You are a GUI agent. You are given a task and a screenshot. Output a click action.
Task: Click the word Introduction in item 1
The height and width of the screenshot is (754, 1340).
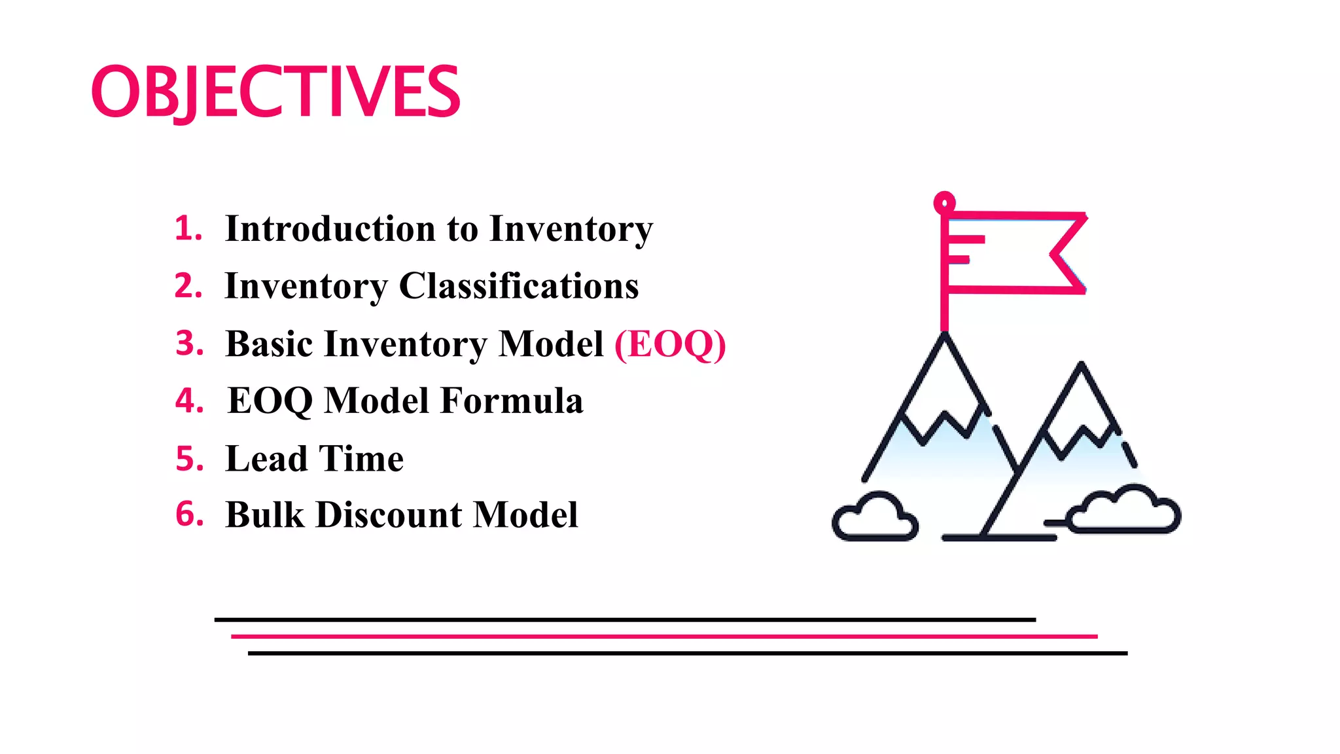coord(330,229)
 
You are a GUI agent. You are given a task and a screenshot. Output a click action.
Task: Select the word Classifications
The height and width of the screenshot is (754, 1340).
coord(518,286)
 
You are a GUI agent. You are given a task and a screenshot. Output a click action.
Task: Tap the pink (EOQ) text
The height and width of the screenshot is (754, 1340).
coord(670,344)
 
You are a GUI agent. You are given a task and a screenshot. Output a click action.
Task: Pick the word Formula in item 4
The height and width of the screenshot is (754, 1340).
coord(511,401)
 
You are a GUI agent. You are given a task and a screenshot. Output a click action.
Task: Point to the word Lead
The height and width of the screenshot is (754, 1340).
coord(266,458)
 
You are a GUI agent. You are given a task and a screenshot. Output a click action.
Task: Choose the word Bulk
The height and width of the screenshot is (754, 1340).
coord(265,514)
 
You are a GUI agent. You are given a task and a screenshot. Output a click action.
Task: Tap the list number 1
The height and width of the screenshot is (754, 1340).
coord(188,229)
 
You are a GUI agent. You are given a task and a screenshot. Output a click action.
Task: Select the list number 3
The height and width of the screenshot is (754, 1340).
coord(189,344)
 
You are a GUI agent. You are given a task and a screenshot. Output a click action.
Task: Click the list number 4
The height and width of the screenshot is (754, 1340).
coord(189,401)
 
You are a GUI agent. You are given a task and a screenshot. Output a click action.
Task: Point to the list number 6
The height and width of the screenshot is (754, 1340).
coord(189,514)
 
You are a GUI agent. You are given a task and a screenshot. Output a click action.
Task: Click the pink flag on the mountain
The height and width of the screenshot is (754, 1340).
coord(1014,252)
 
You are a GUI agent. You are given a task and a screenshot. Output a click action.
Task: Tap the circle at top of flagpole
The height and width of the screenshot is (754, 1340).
coord(944,203)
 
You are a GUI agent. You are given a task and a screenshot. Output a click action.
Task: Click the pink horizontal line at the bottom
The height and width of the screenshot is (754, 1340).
coord(663,636)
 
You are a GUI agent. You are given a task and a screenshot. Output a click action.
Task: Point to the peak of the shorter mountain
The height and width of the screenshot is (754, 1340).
coord(1081,367)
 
